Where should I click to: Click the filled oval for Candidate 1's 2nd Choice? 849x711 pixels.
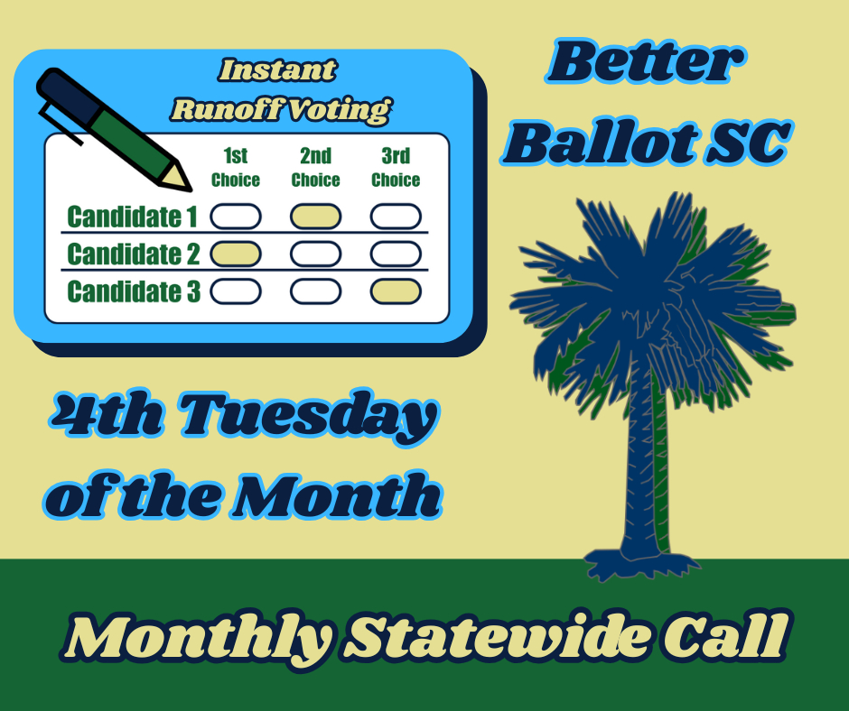pyautogui.click(x=316, y=217)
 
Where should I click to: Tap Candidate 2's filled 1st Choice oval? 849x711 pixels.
pyautogui.click(x=236, y=254)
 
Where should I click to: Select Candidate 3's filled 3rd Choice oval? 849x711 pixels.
pyautogui.click(x=396, y=291)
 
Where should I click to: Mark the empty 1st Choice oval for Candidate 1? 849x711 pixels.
pyautogui.click(x=236, y=217)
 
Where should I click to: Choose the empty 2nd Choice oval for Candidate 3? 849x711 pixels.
pyautogui.click(x=316, y=291)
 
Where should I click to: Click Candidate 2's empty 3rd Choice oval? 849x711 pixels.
pyautogui.click(x=396, y=254)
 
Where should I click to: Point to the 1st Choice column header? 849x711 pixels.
pyautogui.click(x=236, y=167)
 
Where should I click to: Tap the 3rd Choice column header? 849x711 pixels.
pyautogui.click(x=396, y=167)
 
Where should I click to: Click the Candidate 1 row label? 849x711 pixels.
pyautogui.click(x=132, y=217)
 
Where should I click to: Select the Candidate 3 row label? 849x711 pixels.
pyautogui.click(x=134, y=291)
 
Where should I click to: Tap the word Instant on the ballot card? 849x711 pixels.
pyautogui.click(x=278, y=70)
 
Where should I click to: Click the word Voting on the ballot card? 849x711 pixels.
pyautogui.click(x=337, y=110)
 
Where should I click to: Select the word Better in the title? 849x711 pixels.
pyautogui.click(x=646, y=61)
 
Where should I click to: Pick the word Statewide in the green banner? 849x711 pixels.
pyautogui.click(x=498, y=637)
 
